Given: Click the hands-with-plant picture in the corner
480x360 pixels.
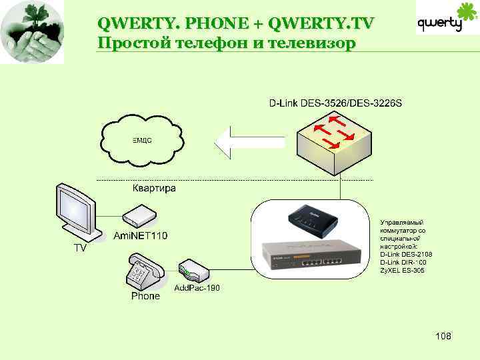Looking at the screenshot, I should click(x=32, y=31).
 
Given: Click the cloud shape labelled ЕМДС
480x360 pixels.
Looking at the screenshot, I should click(x=142, y=141).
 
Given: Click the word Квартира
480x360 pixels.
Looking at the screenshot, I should click(x=154, y=189).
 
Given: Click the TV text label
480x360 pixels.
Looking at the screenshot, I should click(x=79, y=249).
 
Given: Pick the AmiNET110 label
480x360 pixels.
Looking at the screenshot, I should click(x=141, y=236).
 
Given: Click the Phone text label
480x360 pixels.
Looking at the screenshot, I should click(x=145, y=295).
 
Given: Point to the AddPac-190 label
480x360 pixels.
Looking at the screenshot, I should click(x=197, y=288).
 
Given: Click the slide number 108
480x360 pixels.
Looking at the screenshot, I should click(x=443, y=336).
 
